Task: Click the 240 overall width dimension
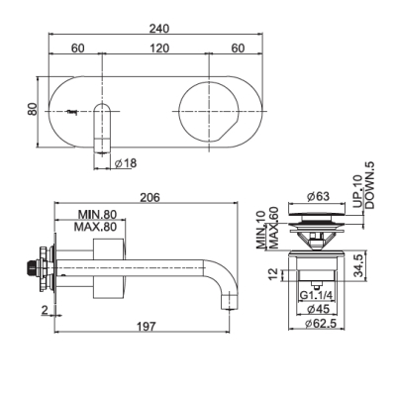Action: (x=159, y=29)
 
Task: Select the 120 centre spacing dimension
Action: (x=159, y=49)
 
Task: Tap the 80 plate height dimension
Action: (x=33, y=109)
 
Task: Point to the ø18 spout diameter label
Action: (x=126, y=163)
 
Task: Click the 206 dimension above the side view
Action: (x=149, y=197)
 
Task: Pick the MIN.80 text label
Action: (x=97, y=215)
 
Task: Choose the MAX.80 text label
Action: (x=95, y=227)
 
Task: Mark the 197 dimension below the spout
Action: (x=146, y=327)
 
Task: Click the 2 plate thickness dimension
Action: (x=45, y=310)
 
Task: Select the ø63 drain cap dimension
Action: (x=318, y=197)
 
